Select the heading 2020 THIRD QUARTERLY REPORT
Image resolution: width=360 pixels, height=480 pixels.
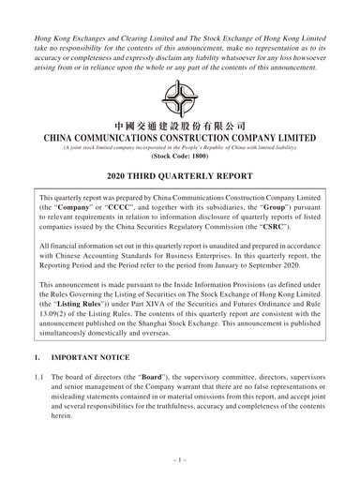coord(179,176)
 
